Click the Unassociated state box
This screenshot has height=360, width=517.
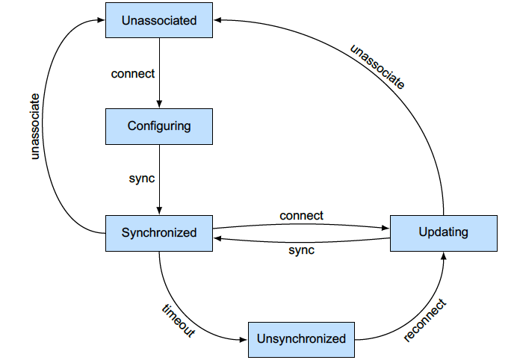(159, 20)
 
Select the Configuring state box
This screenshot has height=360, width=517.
(159, 126)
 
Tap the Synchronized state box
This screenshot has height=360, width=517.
(159, 232)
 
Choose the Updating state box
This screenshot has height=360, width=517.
(444, 232)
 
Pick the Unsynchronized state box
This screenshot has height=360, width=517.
(301, 339)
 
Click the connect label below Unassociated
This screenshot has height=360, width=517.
(133, 73)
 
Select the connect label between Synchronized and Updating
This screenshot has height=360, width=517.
(301, 216)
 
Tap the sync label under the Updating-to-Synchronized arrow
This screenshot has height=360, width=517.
(301, 250)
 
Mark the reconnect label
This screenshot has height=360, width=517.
(424, 320)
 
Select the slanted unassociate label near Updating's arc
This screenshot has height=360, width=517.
(378, 67)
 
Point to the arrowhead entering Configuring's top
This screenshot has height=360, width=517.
(159, 105)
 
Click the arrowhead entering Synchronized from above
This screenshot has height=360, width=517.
(159, 211)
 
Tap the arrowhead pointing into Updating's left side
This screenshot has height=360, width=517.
(386, 226)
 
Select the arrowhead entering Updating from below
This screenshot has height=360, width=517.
(444, 255)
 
